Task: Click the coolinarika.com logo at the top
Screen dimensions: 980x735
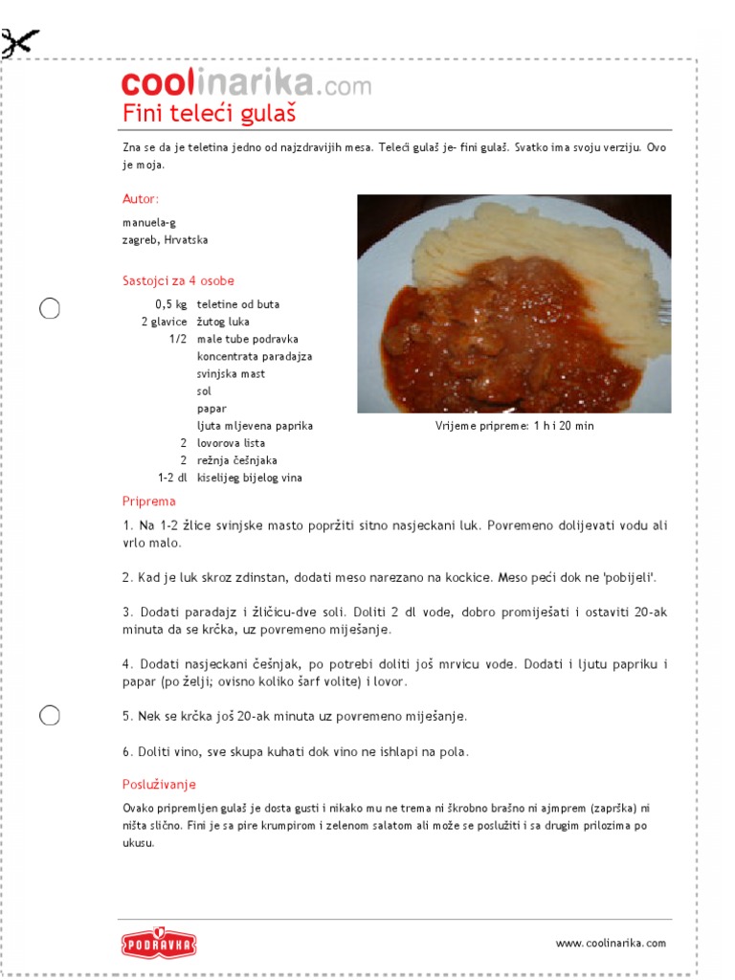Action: tap(246, 84)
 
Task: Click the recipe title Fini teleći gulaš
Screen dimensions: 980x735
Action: tap(209, 114)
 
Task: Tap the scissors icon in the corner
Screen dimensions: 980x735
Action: tap(20, 43)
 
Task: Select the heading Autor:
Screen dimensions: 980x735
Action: tap(141, 199)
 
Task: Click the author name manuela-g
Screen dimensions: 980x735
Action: tap(149, 222)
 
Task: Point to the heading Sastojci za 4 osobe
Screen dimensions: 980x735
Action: tap(178, 280)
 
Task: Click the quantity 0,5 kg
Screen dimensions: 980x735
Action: tap(171, 304)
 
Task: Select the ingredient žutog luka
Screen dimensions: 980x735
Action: tap(223, 322)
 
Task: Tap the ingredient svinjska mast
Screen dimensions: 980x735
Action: tap(231, 373)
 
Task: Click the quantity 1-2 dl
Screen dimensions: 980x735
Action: tap(172, 478)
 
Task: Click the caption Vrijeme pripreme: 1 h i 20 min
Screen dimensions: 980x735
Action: tap(514, 426)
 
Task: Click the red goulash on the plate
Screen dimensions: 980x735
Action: tap(479, 335)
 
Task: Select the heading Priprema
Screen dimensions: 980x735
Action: tap(148, 501)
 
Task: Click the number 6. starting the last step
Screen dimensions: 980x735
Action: tap(127, 751)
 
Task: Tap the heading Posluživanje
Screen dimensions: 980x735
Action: tap(159, 784)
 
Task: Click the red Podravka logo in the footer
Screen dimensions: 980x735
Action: tap(159, 943)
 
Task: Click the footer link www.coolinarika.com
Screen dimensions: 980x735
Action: tap(611, 943)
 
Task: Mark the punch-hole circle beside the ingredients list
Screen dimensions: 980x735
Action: tap(50, 308)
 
